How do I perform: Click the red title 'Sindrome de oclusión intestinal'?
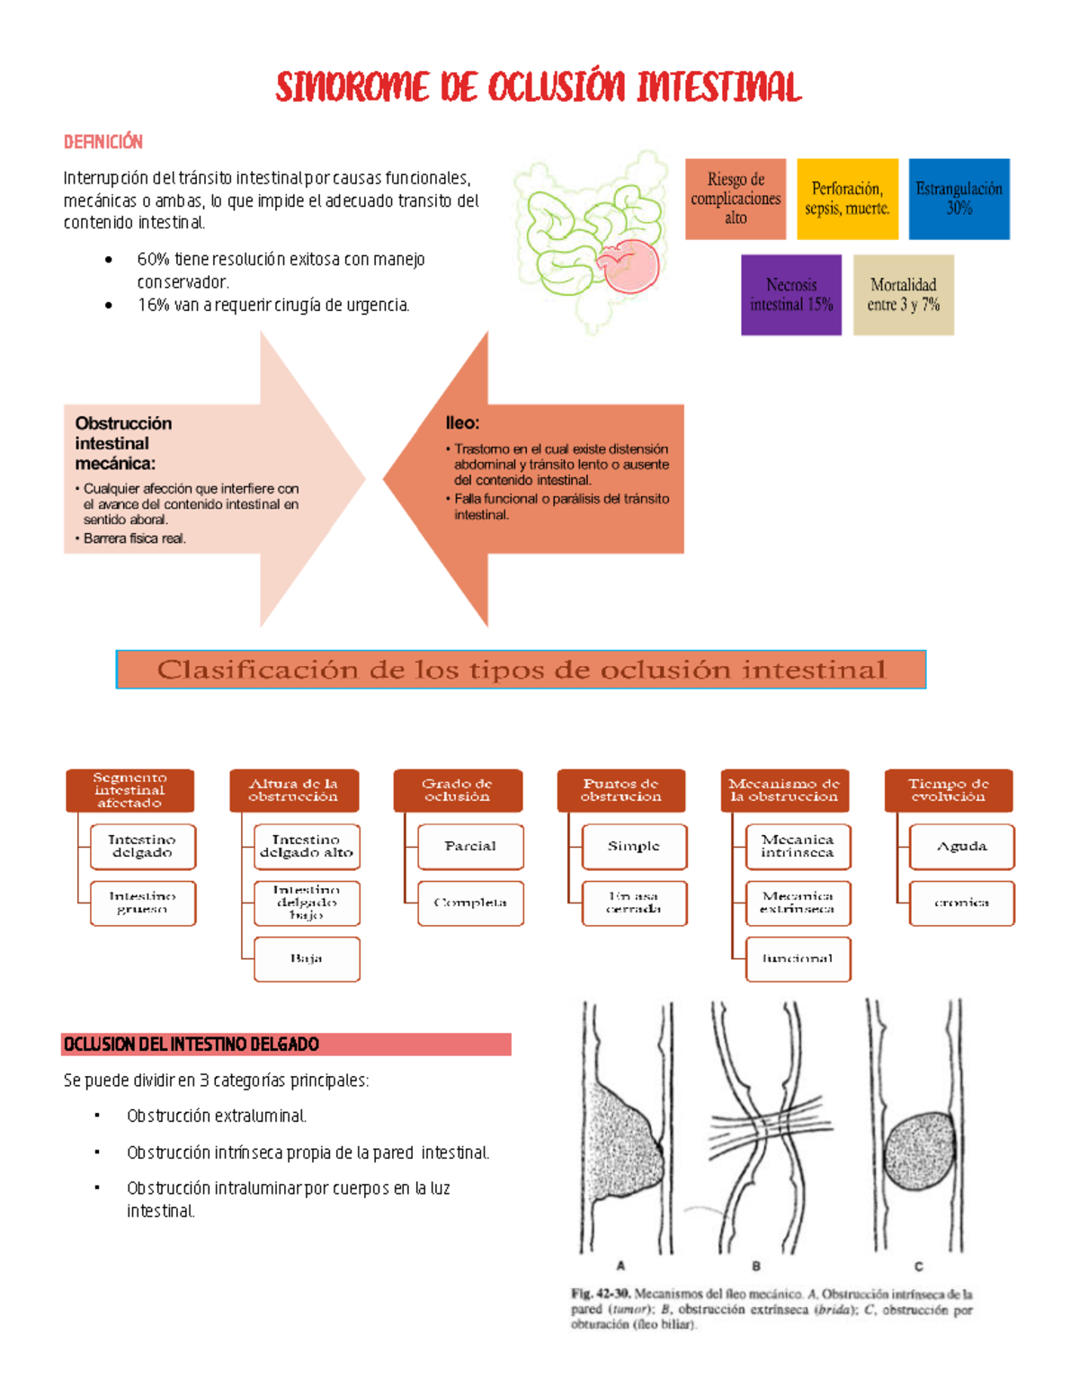(x=538, y=87)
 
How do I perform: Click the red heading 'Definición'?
(x=103, y=141)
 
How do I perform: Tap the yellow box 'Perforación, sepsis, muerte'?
(x=847, y=199)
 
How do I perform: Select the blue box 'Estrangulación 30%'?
(x=959, y=199)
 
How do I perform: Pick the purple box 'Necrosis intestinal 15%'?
(x=791, y=295)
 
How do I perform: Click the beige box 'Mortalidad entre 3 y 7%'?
(x=903, y=295)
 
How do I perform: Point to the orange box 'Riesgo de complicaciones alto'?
(x=736, y=199)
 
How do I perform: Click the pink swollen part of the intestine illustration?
(x=633, y=265)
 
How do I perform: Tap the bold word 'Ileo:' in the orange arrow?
(x=462, y=422)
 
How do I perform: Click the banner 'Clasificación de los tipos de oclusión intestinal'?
(x=521, y=670)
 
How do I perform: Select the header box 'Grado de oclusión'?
(x=457, y=790)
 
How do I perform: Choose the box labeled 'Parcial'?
(x=470, y=847)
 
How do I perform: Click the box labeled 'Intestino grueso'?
(x=142, y=903)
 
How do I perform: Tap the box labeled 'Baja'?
(x=307, y=959)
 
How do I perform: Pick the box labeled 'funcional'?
(x=798, y=959)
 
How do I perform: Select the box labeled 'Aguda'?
(x=961, y=847)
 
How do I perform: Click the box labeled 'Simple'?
(x=634, y=847)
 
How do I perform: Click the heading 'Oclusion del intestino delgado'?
(x=192, y=1045)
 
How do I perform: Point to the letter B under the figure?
(x=756, y=1266)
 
